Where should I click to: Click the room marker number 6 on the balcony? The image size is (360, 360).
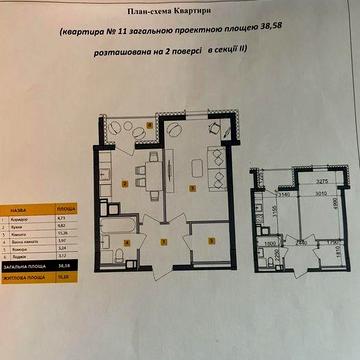tap(150, 124)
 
